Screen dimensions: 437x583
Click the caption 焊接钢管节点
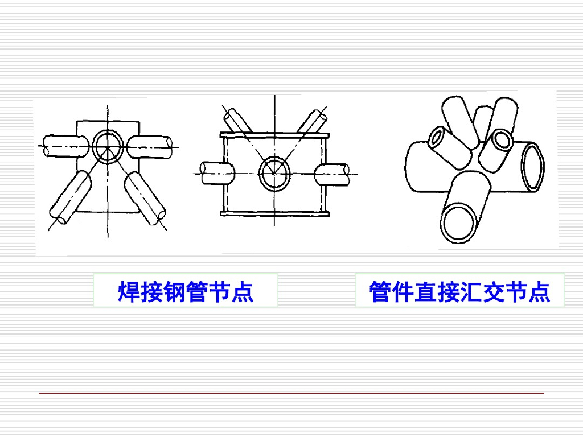pos(186,292)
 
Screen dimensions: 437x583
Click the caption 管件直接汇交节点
pos(459,292)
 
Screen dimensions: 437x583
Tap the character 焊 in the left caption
pos(129,292)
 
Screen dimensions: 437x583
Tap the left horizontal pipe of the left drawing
pos(63,146)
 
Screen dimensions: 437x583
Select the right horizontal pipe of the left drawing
pos(150,146)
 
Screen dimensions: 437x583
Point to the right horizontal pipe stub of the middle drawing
pos(332,173)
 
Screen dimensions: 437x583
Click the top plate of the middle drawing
pos(275,135)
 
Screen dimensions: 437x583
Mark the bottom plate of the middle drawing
pos(275,213)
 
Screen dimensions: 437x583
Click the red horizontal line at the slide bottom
pos(291,393)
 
